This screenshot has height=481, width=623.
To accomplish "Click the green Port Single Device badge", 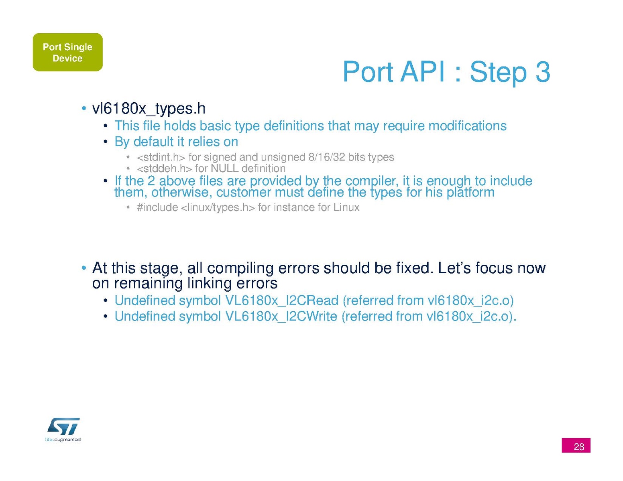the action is [x=68, y=52].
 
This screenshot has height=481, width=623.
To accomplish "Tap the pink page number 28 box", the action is [x=576, y=445].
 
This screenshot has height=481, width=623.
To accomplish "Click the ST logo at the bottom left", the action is [x=63, y=426].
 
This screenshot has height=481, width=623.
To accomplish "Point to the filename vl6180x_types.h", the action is [x=149, y=108].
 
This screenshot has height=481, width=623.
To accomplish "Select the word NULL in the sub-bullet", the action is [x=224, y=168].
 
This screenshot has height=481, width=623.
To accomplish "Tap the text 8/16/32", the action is [x=326, y=157].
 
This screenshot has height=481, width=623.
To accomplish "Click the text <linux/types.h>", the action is [x=218, y=207].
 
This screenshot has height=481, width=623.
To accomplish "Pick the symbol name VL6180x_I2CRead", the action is [x=282, y=300].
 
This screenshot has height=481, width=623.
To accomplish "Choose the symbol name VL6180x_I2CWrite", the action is [x=281, y=316].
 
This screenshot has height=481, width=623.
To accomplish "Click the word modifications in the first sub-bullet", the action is [x=467, y=126].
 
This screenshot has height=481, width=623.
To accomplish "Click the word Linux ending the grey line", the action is [x=346, y=207].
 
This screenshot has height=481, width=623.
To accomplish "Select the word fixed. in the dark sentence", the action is [x=415, y=268].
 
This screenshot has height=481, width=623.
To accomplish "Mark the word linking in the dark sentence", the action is [x=209, y=283].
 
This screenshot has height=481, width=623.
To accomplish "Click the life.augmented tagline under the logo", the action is [x=63, y=439].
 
